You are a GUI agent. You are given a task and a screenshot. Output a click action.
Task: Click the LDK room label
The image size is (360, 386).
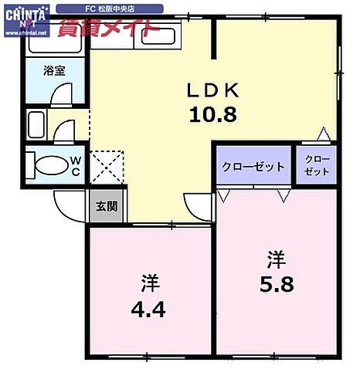point(213,90)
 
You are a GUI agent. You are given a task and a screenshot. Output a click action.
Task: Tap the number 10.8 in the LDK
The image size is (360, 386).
point(213,115)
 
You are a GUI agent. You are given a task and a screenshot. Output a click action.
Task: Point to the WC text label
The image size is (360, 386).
point(77,165)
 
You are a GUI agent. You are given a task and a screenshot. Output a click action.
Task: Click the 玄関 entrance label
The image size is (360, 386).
point(106,206)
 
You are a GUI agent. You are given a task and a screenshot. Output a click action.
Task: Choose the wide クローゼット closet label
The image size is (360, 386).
point(253,167)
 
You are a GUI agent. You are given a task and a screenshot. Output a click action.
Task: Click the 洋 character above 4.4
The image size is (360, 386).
point(150,285)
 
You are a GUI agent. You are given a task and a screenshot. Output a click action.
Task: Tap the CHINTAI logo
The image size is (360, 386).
point(25,17)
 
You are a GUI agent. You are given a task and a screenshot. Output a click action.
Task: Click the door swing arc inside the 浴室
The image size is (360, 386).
point(60,93)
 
